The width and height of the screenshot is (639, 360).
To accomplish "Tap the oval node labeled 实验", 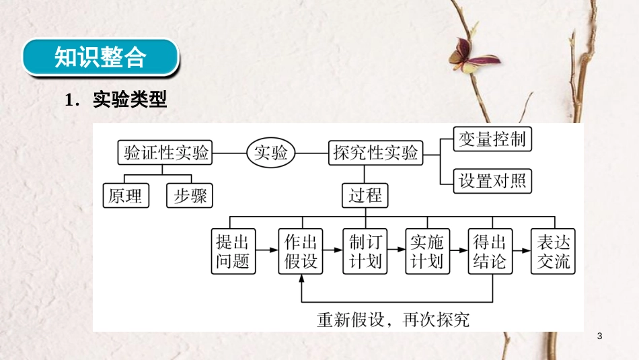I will point(270,153).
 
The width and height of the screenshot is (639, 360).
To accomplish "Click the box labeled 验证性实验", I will point(164,153).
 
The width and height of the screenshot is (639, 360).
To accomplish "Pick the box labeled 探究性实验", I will point(375,153).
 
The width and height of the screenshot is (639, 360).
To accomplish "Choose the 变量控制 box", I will point(492,139).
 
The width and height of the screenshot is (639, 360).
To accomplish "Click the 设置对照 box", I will point(492,180).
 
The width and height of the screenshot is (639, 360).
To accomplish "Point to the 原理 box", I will point(125,195).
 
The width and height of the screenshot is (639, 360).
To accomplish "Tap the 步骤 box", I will point(190,195).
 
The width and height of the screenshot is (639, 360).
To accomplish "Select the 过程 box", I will point(365,195).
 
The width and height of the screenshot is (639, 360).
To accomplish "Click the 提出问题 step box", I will point(233,251).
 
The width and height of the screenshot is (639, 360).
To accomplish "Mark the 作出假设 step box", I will point(301,251).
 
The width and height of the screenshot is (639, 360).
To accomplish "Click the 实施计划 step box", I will point(426,251).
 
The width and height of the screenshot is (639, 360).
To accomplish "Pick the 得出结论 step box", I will point(490,251).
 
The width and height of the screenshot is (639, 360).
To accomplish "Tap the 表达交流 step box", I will point(554,251).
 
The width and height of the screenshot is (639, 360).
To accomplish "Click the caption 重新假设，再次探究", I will point(393,319).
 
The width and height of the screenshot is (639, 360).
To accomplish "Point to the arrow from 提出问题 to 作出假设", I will point(266,251).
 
